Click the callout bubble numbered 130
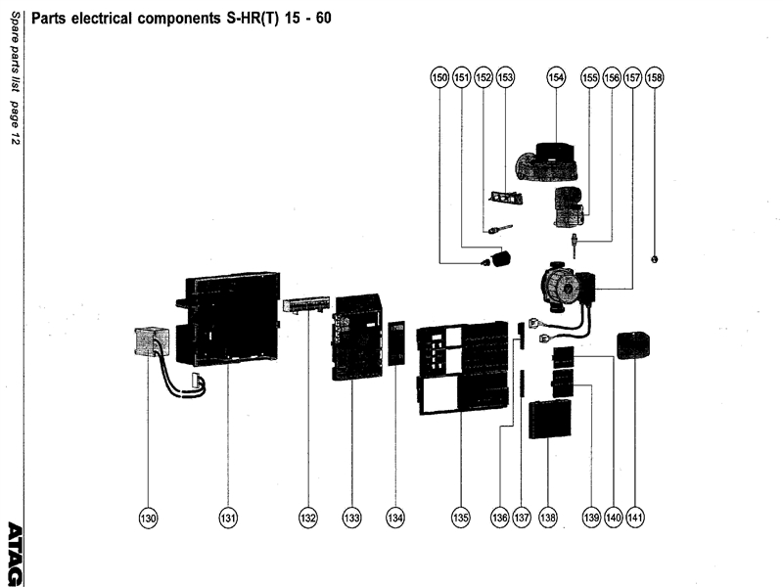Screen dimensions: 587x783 pos(148,517)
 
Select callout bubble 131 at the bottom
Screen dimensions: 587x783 pos(227,517)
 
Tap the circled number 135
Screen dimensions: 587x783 pos(460,517)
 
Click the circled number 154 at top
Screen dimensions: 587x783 pos(556,76)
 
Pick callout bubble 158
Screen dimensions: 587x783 pos(654,76)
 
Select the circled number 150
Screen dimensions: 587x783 pos(439,76)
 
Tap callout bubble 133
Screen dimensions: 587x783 pos(351,517)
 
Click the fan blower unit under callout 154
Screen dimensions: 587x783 pos(549,162)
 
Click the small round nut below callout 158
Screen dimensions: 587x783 pos(654,258)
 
